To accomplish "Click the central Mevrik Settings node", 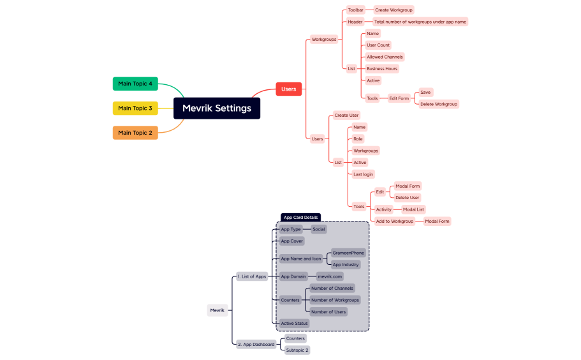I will click(x=217, y=108).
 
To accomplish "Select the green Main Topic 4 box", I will click(x=135, y=84).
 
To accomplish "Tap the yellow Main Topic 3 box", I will click(x=135, y=108).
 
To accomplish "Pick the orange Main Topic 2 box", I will click(x=135, y=133).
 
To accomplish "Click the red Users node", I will click(x=288, y=89).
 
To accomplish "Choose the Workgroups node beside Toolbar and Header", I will click(x=324, y=40).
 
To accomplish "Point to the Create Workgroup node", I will click(x=393, y=10).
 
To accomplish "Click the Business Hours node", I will click(x=382, y=68).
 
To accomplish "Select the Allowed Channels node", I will click(x=385, y=57).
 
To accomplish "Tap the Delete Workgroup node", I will click(x=438, y=104).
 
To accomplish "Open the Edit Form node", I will click(x=399, y=98).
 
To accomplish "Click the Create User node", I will click(x=346, y=116).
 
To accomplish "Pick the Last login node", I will click(x=364, y=174).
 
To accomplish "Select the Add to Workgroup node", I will click(x=394, y=221).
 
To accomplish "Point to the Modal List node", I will click(x=413, y=209).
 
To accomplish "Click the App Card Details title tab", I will click(x=301, y=217).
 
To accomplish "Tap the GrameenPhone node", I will click(x=348, y=253).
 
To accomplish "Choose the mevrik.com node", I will click(x=330, y=276).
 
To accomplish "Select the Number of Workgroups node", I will click(x=335, y=300).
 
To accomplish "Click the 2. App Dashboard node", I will click(x=256, y=344).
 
